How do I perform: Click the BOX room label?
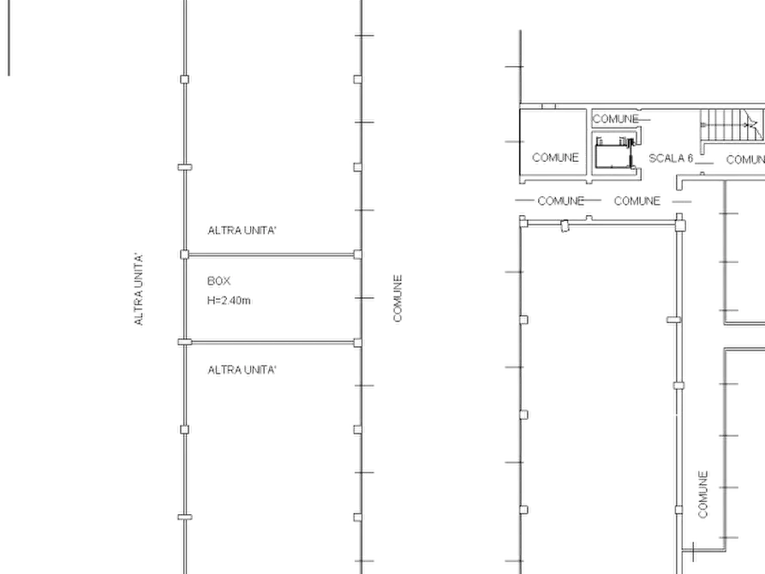[218, 281]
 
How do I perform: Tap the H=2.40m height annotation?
[229, 301]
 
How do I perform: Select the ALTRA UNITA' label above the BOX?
[242, 230]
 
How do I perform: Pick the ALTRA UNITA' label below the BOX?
[242, 370]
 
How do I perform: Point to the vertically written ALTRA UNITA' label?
[139, 289]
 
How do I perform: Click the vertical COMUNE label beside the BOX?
[398, 298]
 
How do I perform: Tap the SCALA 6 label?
[671, 158]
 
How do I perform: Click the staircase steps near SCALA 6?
[732, 125]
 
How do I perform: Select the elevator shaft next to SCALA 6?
[616, 152]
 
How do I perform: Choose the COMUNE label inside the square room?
[555, 158]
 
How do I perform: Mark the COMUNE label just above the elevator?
[615, 119]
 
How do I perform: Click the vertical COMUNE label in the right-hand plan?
[703, 494]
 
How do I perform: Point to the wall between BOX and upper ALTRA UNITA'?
[272, 254]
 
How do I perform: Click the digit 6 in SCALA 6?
[690, 158]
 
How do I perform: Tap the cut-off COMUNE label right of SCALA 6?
[745, 160]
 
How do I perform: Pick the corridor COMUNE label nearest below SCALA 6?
[637, 201]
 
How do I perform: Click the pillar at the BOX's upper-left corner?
[184, 254]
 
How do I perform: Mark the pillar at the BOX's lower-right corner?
[358, 343]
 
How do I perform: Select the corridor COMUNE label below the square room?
[560, 201]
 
